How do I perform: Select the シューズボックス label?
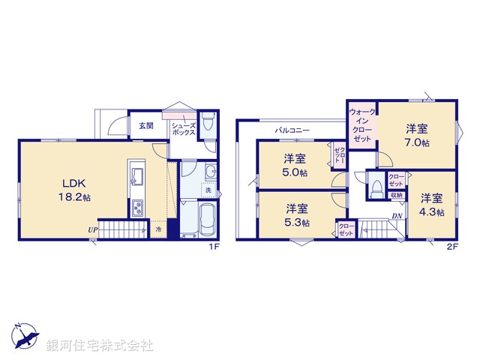(x=184, y=129)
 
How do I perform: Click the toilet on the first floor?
(x=209, y=124)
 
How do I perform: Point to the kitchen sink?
(x=138, y=176)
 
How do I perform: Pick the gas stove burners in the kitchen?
(x=138, y=208)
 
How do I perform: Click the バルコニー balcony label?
(x=289, y=130)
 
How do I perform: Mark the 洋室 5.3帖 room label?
(x=295, y=215)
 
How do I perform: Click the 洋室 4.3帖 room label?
(x=430, y=205)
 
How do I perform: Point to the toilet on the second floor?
(x=374, y=184)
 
